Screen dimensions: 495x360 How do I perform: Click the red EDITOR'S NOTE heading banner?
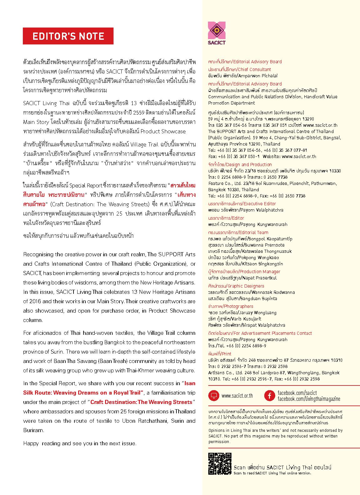click(68, 36)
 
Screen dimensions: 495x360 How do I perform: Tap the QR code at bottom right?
click(220, 464)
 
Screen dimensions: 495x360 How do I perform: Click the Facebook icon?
click(269, 395)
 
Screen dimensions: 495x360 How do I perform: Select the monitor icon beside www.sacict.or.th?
click(214, 395)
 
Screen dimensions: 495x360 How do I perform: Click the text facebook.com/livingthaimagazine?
click(309, 399)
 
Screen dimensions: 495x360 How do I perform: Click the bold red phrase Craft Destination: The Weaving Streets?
click(141, 402)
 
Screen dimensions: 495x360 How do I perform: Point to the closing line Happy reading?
click(79, 443)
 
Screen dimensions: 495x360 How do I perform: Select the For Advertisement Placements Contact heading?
click(272, 333)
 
